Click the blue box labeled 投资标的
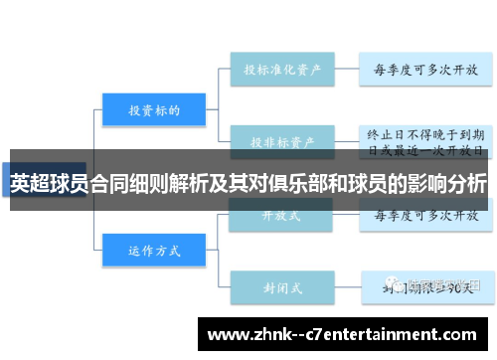point(154,109)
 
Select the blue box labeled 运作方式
point(154,251)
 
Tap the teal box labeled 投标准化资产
point(283,71)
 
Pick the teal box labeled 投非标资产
point(283,142)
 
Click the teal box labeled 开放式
point(283,214)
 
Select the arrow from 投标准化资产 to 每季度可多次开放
point(347,71)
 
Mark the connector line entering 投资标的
point(89,109)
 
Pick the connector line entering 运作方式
point(89,251)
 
